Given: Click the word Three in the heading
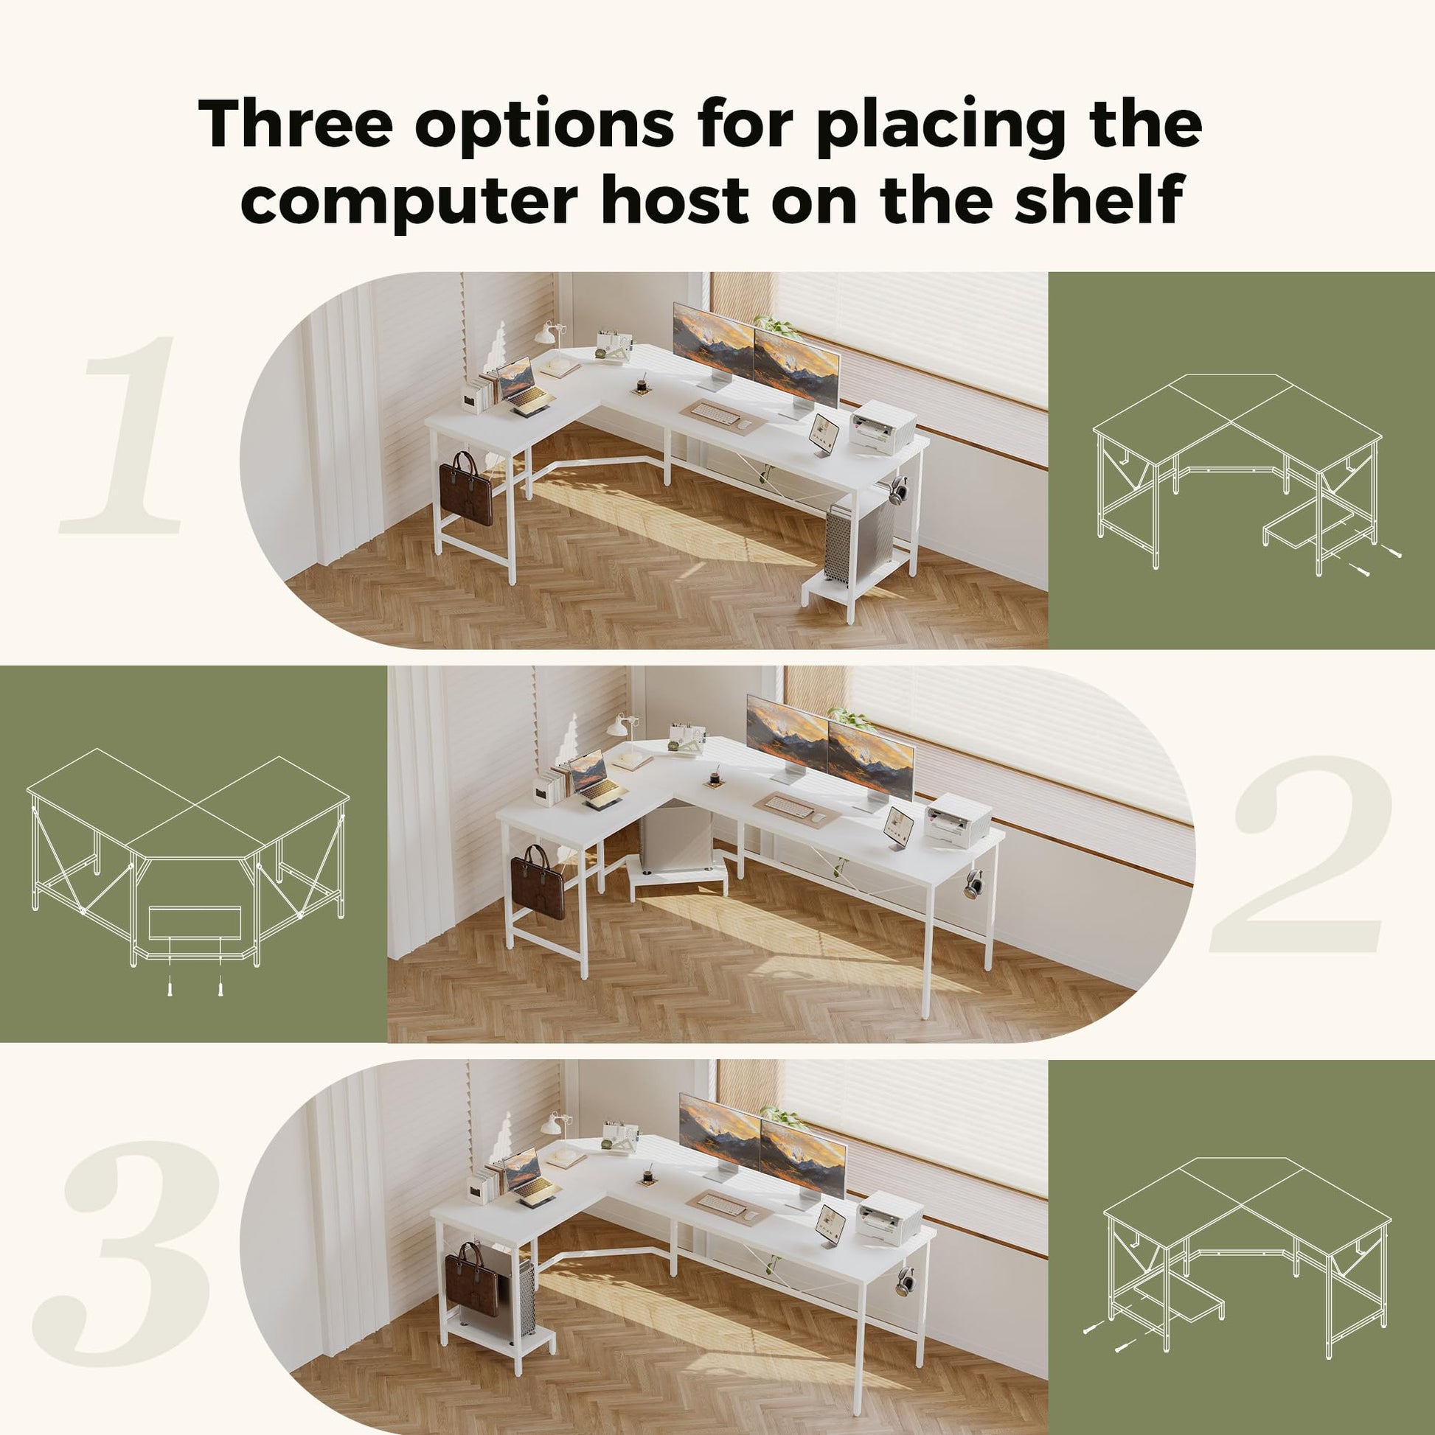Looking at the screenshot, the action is click(x=295, y=122).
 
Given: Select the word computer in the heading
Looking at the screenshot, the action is click(x=409, y=202).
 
